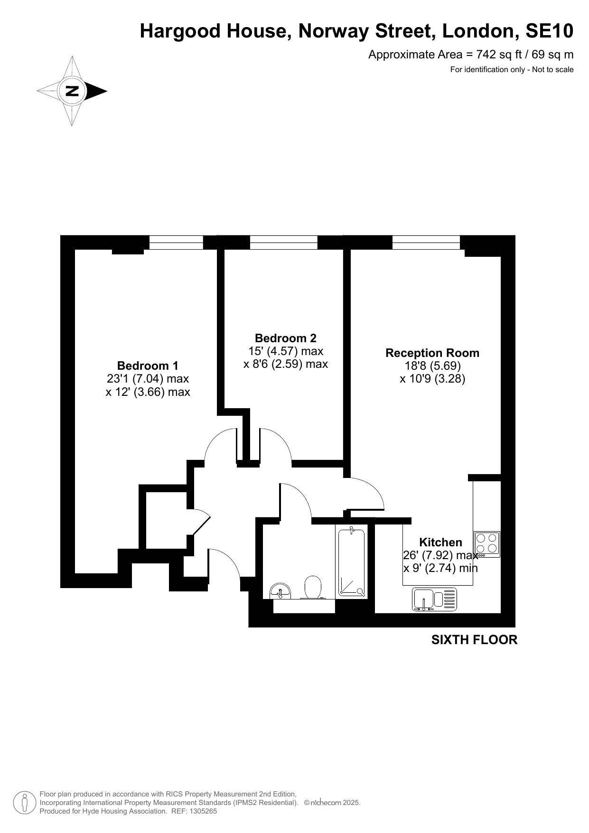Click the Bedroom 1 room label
coord(148,365)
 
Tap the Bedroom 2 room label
coord(285,338)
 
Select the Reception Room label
coord(432,353)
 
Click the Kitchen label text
coord(440,542)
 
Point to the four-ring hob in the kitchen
coord(487,544)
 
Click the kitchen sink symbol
coord(434,599)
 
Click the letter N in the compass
coord(72,91)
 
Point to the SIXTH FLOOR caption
coord(474,640)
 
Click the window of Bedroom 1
coord(176,243)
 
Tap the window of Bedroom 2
coord(284,243)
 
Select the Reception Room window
coord(426,243)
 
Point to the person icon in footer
coord(25,803)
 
